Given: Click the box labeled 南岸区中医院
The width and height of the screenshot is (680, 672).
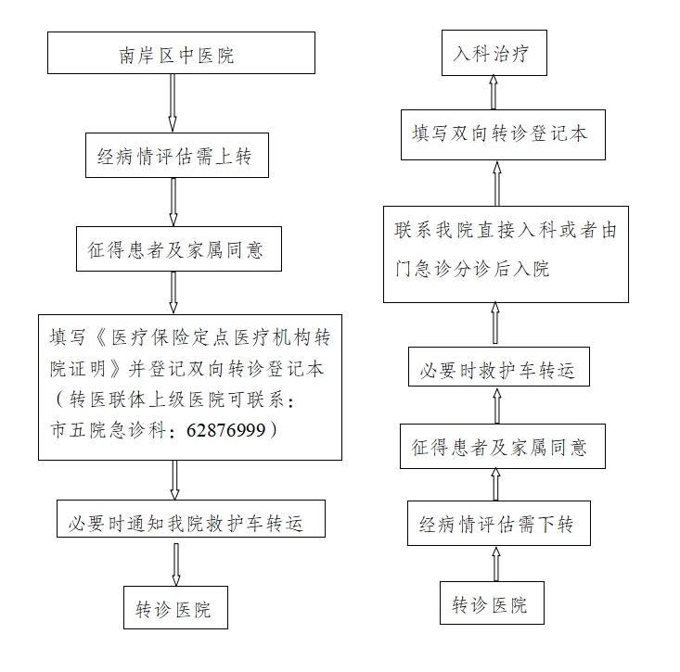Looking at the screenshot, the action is [x=181, y=53].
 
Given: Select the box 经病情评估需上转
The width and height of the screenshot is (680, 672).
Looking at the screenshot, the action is [x=177, y=155].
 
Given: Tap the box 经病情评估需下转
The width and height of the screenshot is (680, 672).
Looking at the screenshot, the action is [x=499, y=524].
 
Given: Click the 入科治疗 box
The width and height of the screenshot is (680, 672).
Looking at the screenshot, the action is [x=494, y=53].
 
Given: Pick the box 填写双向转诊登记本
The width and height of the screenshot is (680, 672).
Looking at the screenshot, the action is [x=503, y=134].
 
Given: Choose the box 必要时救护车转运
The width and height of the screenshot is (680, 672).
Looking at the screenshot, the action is [x=499, y=366].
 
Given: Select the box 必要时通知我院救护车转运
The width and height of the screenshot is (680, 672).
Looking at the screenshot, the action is [x=191, y=519].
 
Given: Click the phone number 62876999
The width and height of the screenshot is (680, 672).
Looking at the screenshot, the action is [x=226, y=430].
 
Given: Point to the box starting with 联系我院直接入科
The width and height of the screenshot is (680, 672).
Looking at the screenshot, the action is [x=506, y=254].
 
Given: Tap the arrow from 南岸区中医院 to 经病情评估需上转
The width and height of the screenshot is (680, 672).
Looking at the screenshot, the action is [x=173, y=103].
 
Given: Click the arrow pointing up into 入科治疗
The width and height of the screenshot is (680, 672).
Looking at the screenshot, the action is [x=494, y=93].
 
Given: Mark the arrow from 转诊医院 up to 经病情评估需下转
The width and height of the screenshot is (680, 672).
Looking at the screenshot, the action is [x=496, y=564].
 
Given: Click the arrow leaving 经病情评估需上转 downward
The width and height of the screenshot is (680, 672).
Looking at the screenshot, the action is [x=173, y=202].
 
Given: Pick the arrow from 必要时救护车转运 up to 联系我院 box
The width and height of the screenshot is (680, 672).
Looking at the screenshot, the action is [x=494, y=323].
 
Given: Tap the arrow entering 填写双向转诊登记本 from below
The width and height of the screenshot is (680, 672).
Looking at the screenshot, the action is [x=497, y=184].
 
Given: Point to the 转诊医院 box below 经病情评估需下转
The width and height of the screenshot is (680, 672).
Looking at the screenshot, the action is [x=492, y=602].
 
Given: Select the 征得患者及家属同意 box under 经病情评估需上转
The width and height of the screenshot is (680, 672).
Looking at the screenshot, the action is [x=179, y=248].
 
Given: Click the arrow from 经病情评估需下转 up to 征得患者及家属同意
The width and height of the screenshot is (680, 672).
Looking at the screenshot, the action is [x=495, y=485].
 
